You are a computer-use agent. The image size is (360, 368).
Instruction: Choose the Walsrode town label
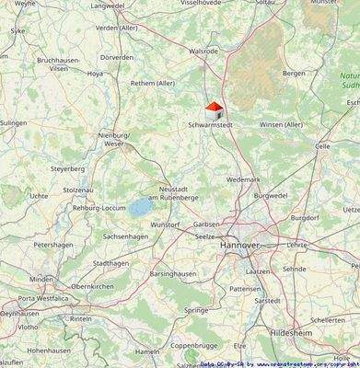(x=203, y=52)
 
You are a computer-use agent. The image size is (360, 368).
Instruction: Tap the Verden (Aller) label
(x=119, y=28)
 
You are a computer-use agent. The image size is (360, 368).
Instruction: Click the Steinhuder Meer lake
(x=140, y=208)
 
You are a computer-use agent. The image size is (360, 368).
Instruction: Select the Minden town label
(x=41, y=279)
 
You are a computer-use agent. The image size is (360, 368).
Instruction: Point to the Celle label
(x=322, y=145)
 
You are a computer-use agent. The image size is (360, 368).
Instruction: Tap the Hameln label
(x=146, y=351)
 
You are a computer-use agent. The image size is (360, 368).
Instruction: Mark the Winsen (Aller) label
(x=282, y=124)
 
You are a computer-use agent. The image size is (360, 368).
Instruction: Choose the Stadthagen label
(x=111, y=263)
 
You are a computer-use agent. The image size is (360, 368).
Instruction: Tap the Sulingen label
(x=14, y=121)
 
